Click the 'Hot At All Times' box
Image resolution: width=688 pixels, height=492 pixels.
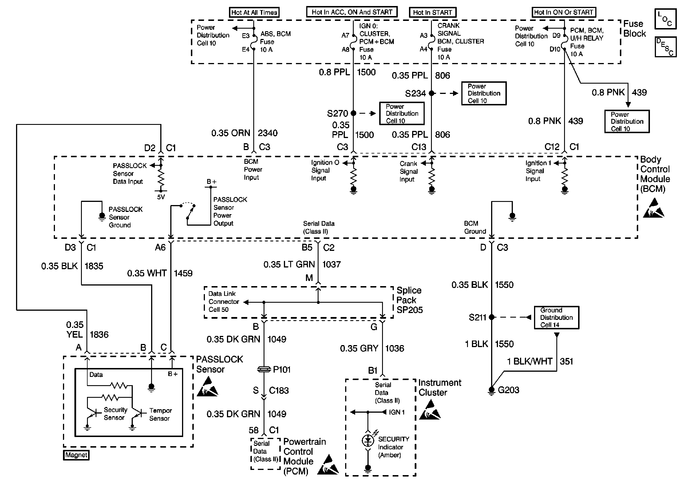click(254, 12)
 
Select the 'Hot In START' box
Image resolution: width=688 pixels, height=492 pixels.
click(432, 12)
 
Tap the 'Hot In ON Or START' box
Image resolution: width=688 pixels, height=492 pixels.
click(564, 12)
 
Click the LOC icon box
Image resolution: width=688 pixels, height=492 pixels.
click(665, 19)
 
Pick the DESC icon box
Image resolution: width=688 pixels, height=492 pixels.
click(665, 47)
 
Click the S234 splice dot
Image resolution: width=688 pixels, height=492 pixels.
click(432, 93)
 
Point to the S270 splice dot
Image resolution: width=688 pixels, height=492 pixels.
click(353, 113)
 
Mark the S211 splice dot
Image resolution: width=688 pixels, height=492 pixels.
click(492, 317)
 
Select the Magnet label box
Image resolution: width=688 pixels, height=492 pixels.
click(76, 455)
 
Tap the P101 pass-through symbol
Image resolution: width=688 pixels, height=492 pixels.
click(264, 369)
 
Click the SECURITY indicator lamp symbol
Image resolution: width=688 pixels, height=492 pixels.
click(368, 440)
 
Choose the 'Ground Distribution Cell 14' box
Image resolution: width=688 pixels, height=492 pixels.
click(556, 318)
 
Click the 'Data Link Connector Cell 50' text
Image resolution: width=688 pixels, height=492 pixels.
click(224, 302)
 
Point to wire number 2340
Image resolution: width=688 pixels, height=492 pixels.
click(268, 133)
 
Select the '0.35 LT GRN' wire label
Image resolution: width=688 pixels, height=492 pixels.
click(289, 265)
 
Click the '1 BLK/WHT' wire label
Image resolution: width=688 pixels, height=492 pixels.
click(530, 361)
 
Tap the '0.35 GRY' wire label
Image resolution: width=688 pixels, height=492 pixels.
click(359, 349)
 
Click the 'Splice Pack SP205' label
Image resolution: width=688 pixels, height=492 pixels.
click(410, 300)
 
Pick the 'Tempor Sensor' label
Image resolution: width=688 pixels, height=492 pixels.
click(161, 414)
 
